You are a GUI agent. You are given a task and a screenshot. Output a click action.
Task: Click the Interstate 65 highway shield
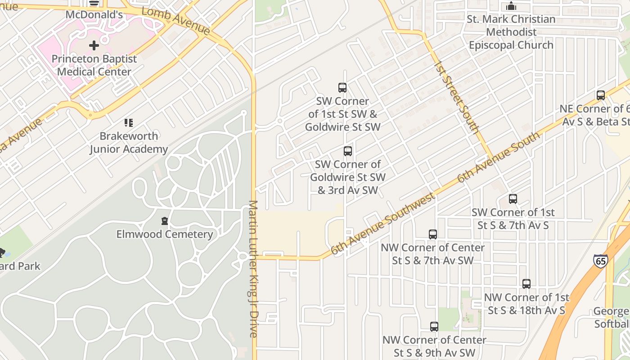tap(600, 261)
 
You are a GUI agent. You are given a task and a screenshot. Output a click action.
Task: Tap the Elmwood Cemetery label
tap(165, 234)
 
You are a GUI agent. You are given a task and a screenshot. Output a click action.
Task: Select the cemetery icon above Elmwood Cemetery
tap(165, 221)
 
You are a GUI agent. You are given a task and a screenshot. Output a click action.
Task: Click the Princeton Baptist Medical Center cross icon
tap(94, 45)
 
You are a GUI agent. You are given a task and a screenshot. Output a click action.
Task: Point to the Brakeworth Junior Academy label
tap(129, 142)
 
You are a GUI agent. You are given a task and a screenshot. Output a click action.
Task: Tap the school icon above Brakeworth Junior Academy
tap(129, 122)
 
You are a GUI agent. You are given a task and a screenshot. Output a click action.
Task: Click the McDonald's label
tap(94, 15)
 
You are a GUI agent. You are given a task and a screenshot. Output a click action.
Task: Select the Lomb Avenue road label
tap(176, 21)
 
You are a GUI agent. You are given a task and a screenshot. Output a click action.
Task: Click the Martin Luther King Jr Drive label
tap(253, 269)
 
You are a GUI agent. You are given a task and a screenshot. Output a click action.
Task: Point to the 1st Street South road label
tap(457, 97)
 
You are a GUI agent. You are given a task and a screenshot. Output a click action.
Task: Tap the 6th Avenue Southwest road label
tap(383, 224)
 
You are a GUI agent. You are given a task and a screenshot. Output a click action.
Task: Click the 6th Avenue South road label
tap(498, 157)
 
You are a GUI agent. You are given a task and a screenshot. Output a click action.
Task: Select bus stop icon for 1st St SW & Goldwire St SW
tap(342, 88)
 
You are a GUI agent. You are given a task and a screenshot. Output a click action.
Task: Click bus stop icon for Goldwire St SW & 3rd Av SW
tap(348, 151)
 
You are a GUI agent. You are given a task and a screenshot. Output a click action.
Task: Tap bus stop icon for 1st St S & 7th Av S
tap(513, 199)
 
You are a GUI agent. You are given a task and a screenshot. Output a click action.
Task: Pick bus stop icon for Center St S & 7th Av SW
tap(433, 234)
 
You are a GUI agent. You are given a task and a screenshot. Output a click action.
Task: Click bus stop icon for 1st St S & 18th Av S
tap(526, 284)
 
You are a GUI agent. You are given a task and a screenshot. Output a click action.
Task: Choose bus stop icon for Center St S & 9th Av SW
tap(434, 327)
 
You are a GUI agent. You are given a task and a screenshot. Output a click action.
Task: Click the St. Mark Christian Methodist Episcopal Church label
tap(511, 32)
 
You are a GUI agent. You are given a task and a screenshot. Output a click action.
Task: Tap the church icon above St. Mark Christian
tap(511, 6)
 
